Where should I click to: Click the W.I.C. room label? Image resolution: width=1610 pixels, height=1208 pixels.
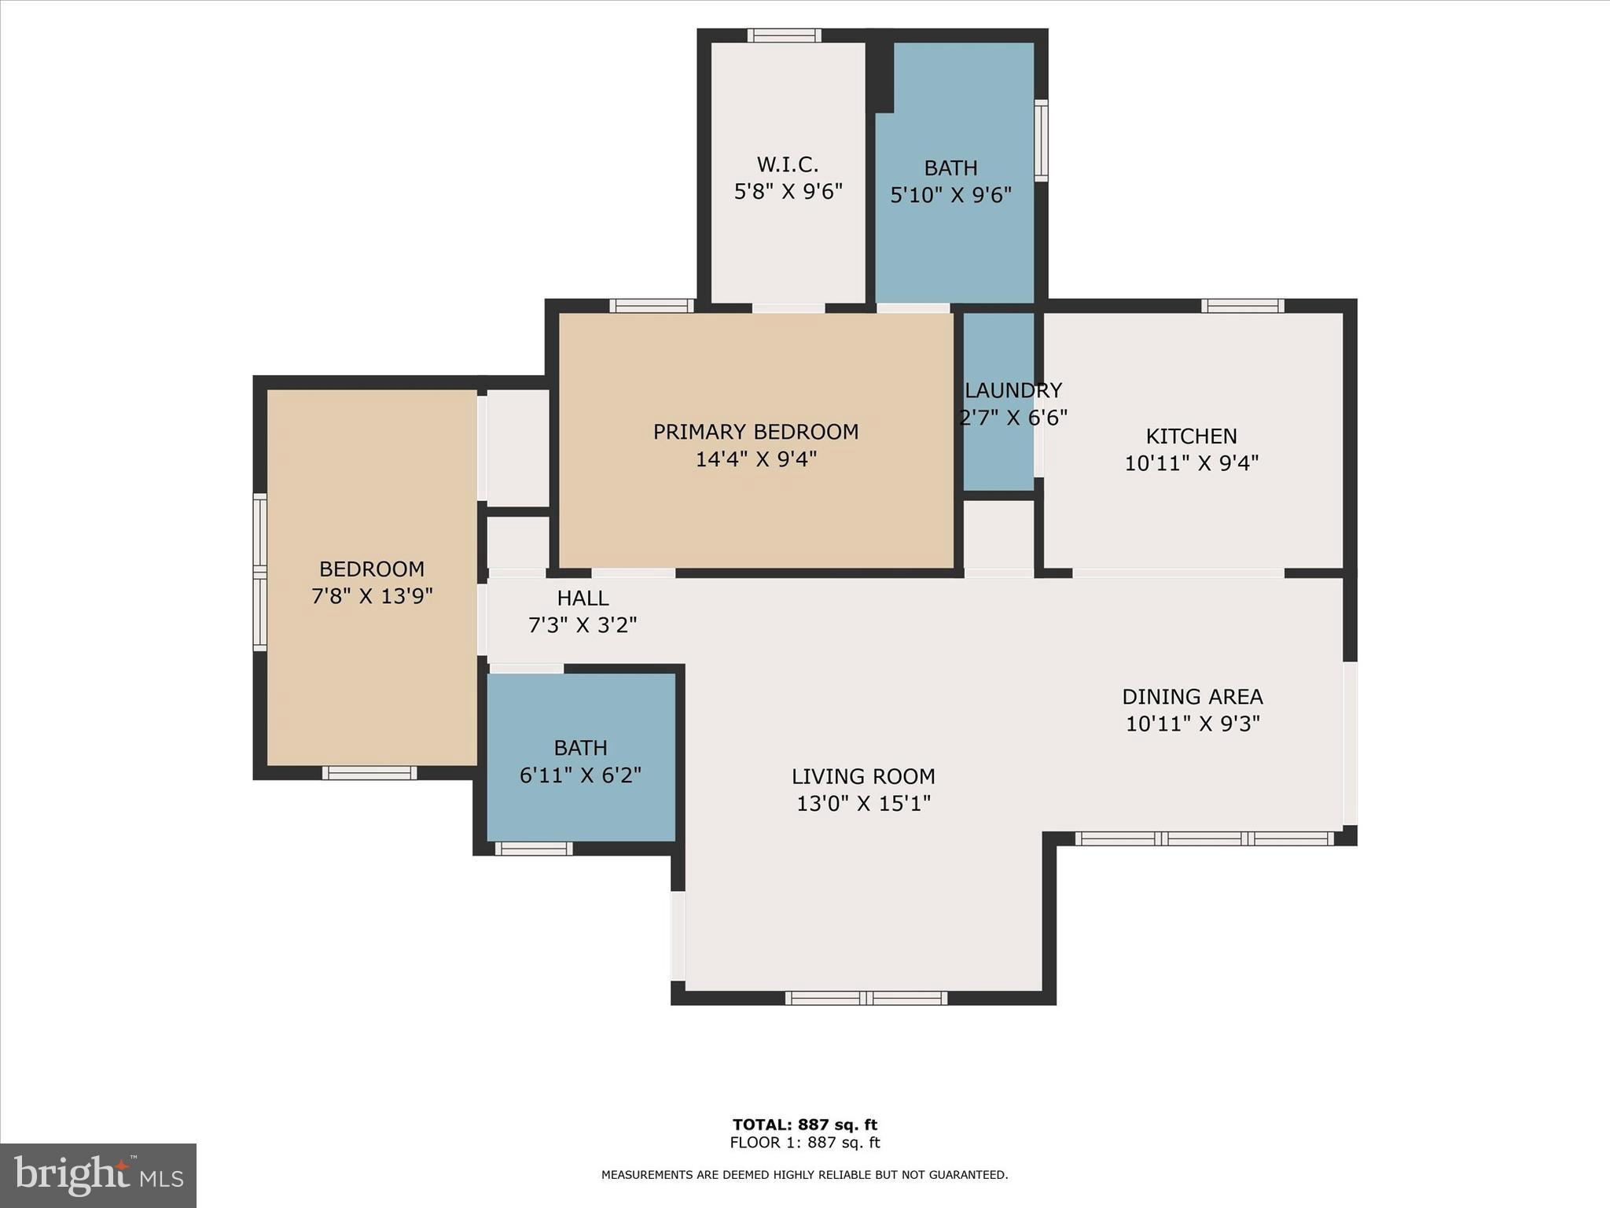(788, 164)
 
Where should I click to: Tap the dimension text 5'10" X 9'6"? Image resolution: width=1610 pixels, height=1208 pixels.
(950, 194)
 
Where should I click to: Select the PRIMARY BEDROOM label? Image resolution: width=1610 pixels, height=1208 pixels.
(755, 432)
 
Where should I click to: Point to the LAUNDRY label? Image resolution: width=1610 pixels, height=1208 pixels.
(1013, 390)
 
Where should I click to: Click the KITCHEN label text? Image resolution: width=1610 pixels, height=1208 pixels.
(1191, 436)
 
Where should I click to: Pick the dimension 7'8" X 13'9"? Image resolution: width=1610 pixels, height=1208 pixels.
(372, 596)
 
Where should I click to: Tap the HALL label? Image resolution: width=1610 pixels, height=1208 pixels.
(583, 598)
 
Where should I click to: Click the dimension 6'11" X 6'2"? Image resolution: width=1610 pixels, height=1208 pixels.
(580, 775)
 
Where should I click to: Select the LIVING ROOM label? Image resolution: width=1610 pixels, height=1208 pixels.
(863, 776)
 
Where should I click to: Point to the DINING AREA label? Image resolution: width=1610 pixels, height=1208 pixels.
(1192, 697)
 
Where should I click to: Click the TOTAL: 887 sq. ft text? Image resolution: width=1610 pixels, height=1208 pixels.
(804, 1125)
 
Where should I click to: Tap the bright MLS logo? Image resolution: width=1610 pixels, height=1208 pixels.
(98, 1175)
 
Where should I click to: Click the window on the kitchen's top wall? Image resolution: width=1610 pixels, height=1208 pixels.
(1242, 306)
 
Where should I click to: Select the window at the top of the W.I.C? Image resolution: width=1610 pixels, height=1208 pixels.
(784, 35)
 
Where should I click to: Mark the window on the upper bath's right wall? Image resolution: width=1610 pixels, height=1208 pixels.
(1041, 141)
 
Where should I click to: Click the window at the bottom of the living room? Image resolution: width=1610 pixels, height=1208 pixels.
(866, 998)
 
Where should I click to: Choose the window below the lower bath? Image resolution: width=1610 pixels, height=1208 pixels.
(533, 849)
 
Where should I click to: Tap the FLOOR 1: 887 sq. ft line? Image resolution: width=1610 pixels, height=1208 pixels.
(804, 1143)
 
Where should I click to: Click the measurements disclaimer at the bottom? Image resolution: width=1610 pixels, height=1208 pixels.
(804, 1175)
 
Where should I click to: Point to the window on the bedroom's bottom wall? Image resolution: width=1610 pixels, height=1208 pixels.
(369, 773)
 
